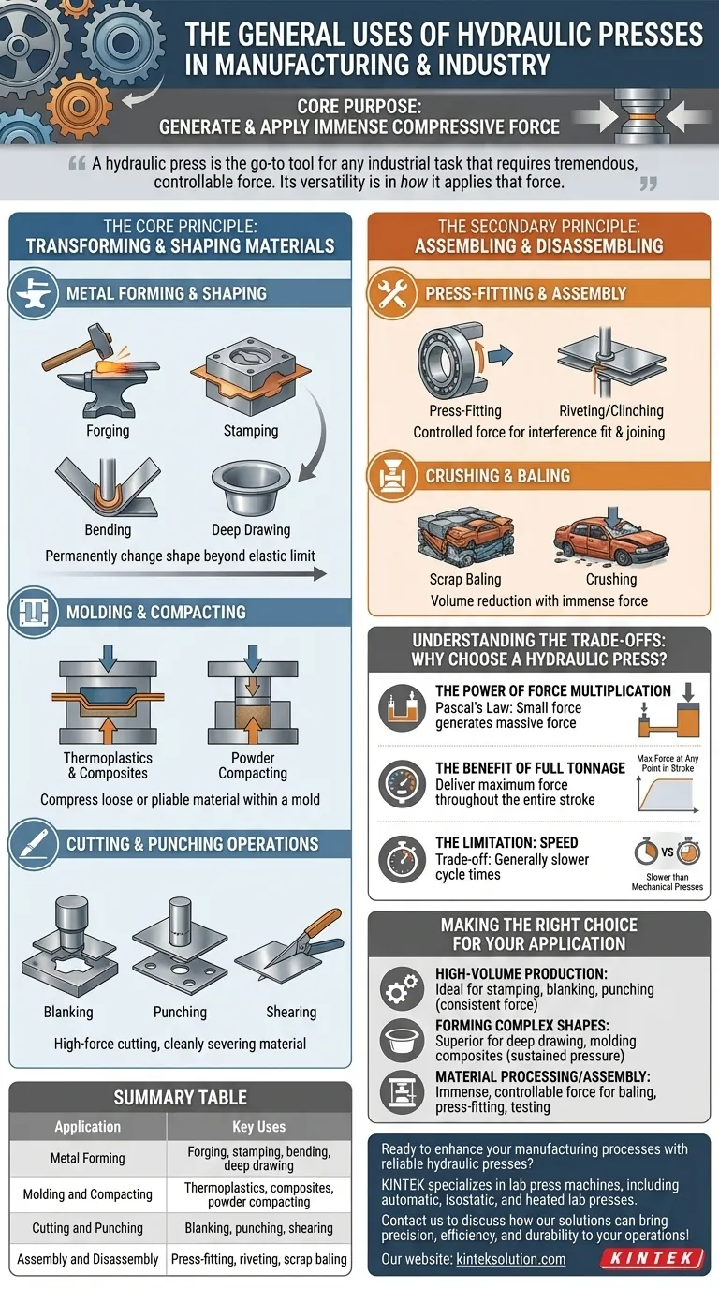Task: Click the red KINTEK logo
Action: click(653, 1258)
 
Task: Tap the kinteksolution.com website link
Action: click(511, 1259)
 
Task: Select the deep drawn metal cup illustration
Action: click(251, 489)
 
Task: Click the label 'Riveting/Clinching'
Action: click(611, 411)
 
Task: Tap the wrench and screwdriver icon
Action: click(393, 293)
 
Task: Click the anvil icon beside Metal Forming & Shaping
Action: click(34, 293)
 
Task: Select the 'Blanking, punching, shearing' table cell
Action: click(258, 1228)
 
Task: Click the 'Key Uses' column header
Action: click(258, 1127)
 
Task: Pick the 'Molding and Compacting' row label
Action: click(87, 1194)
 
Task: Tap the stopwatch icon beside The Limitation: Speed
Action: click(402, 859)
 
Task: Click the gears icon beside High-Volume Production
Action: click(402, 989)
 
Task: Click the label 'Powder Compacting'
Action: click(253, 765)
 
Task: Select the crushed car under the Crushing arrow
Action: click(610, 541)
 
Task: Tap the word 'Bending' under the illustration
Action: click(109, 529)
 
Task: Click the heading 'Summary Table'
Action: click(180, 1097)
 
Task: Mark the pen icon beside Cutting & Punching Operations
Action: click(34, 844)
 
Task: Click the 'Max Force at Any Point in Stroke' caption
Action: click(668, 763)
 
